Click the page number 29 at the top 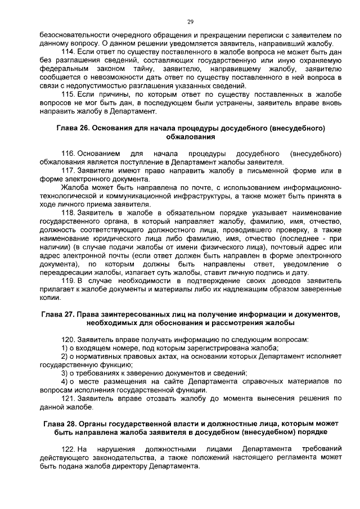click(x=190, y=21)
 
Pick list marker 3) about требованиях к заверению click(x=64, y=373)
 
